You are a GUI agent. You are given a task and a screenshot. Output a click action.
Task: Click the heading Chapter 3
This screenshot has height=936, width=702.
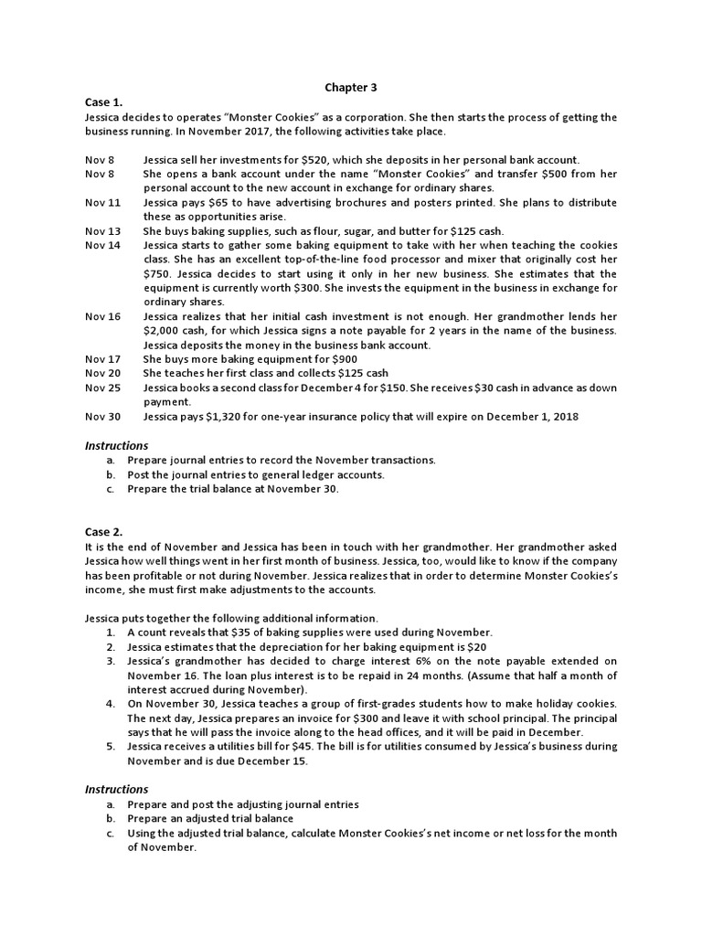point(351,88)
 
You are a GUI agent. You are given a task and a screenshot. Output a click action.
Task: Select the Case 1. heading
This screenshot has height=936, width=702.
point(102,102)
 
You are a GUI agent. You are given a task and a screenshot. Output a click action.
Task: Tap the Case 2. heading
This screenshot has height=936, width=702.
point(103,531)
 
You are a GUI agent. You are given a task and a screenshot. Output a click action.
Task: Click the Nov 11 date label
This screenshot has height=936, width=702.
point(102,202)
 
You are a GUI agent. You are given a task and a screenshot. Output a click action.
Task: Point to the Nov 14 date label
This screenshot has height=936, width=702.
point(102,245)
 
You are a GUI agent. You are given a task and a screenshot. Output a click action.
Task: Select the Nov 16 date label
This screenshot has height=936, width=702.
point(102,316)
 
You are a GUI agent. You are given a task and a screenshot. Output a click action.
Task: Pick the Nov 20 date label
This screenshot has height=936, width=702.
point(102,373)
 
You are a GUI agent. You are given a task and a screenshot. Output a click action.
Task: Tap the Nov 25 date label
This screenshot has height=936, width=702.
point(102,388)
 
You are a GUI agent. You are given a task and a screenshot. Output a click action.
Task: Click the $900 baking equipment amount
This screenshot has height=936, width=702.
point(343,359)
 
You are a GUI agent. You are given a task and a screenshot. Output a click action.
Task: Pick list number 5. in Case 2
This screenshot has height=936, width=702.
point(110,747)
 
